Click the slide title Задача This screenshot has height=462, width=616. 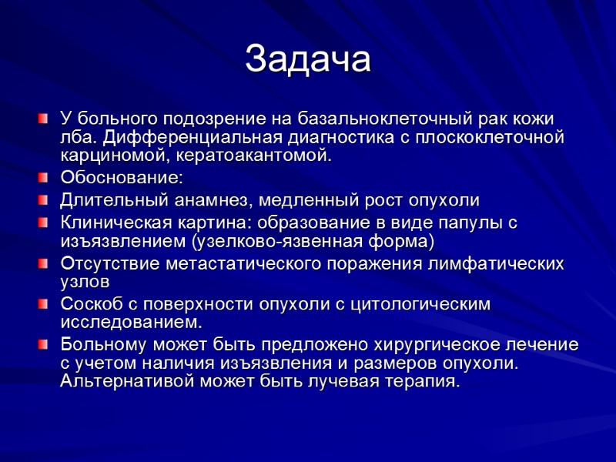pos(307,60)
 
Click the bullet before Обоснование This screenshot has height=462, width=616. pos(44,179)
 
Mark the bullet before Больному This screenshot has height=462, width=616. pos(44,344)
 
